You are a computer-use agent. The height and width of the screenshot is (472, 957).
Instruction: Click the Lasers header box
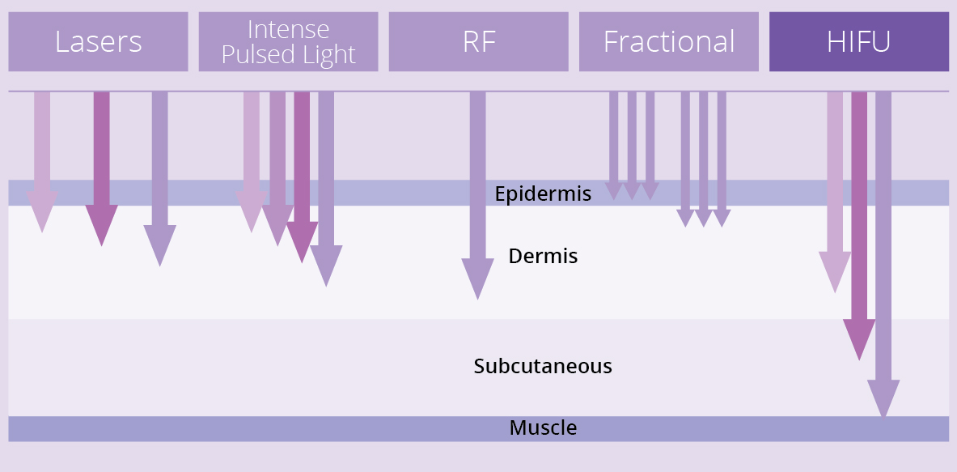pos(98,41)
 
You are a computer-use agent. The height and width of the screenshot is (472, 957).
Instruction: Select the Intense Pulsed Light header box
pos(288,41)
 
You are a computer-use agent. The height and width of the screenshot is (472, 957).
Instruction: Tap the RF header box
pos(479,41)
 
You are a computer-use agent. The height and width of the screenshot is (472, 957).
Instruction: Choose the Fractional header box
pos(669,41)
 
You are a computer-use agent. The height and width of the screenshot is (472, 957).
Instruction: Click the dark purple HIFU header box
pos(859,41)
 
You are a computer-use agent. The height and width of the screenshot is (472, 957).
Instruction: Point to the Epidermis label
pos(543,193)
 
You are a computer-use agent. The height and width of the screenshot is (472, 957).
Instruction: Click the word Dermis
pos(543,256)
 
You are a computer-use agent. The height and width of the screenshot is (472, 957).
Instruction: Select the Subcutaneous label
pos(543,366)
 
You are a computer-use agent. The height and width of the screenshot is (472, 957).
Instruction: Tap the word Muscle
pos(543,427)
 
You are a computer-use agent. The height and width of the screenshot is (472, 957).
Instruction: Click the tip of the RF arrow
pos(478,300)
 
